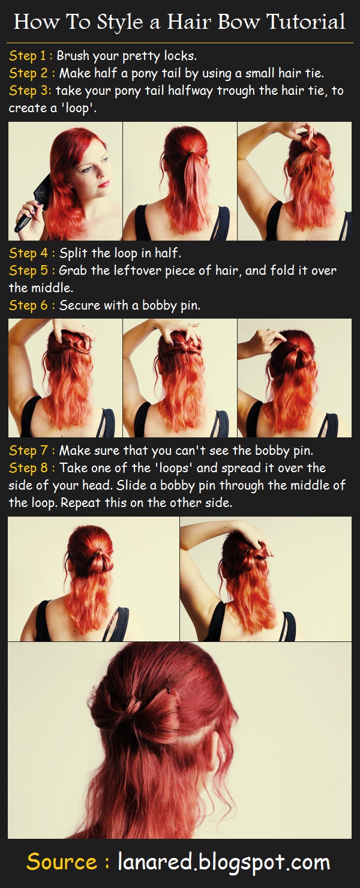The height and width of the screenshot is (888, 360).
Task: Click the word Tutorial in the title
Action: click(x=306, y=22)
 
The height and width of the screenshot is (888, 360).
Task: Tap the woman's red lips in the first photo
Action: click(x=104, y=184)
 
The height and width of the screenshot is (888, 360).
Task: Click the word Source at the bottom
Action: click(x=62, y=862)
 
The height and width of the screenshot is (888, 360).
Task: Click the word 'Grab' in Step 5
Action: click(x=73, y=271)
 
